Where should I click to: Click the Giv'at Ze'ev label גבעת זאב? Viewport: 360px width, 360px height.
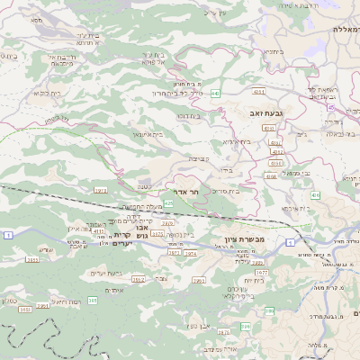click(266, 113)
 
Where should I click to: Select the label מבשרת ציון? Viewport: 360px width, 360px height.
click(242, 239)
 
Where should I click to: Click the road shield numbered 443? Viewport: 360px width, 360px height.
click(215, 93)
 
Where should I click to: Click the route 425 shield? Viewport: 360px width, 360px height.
click(168, 203)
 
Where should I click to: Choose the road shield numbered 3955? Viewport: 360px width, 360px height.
click(32, 259)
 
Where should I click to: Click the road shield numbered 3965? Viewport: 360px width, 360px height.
click(138, 280)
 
